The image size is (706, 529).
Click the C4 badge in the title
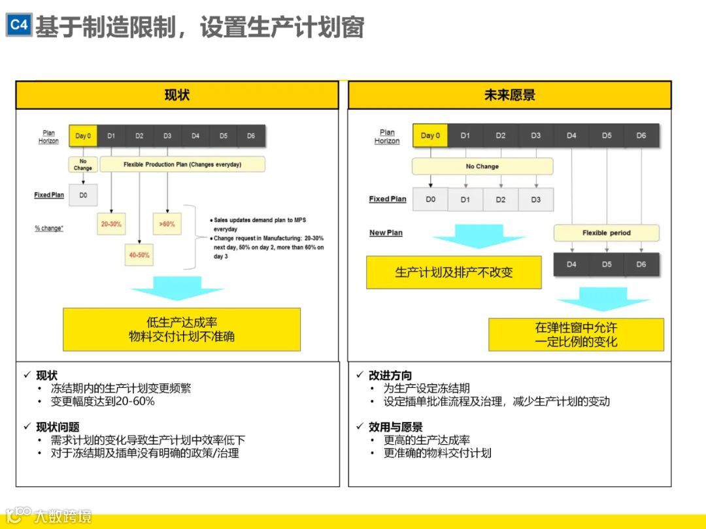(x=19, y=25)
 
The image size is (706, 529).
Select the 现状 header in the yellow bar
(x=176, y=95)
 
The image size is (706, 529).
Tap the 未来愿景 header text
(x=509, y=95)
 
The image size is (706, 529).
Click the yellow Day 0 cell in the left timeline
(x=83, y=136)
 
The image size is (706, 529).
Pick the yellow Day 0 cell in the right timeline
(x=430, y=136)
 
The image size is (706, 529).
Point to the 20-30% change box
(x=111, y=224)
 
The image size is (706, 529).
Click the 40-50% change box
(x=139, y=255)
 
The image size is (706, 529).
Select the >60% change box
(x=167, y=224)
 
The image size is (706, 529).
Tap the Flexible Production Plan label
(x=182, y=165)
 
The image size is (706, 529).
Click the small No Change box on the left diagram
(x=83, y=165)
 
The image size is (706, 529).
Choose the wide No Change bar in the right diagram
(x=482, y=167)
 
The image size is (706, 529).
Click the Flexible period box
(x=606, y=233)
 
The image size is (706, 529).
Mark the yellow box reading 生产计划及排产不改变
(x=454, y=272)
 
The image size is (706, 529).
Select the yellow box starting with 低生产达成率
(x=182, y=329)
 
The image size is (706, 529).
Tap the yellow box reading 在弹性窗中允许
(x=576, y=334)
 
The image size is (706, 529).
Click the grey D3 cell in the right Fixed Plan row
(x=535, y=200)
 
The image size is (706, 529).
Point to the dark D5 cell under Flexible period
(x=607, y=264)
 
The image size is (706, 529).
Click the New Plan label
(x=386, y=233)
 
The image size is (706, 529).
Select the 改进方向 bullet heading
(x=390, y=376)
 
